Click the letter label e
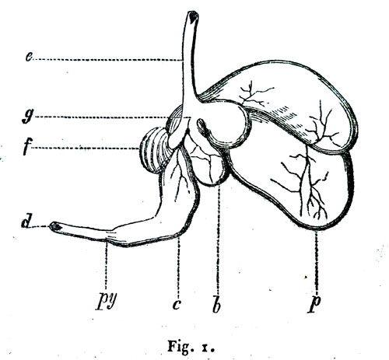point(29,58)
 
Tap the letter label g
point(28,117)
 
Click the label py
point(107,302)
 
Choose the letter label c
point(177,304)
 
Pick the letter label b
point(217,304)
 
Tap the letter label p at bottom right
point(314,304)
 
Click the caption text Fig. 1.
point(191,347)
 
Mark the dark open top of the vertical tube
point(193,17)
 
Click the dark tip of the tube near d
point(55,227)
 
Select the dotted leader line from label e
point(107,60)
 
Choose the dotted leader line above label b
point(219,239)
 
